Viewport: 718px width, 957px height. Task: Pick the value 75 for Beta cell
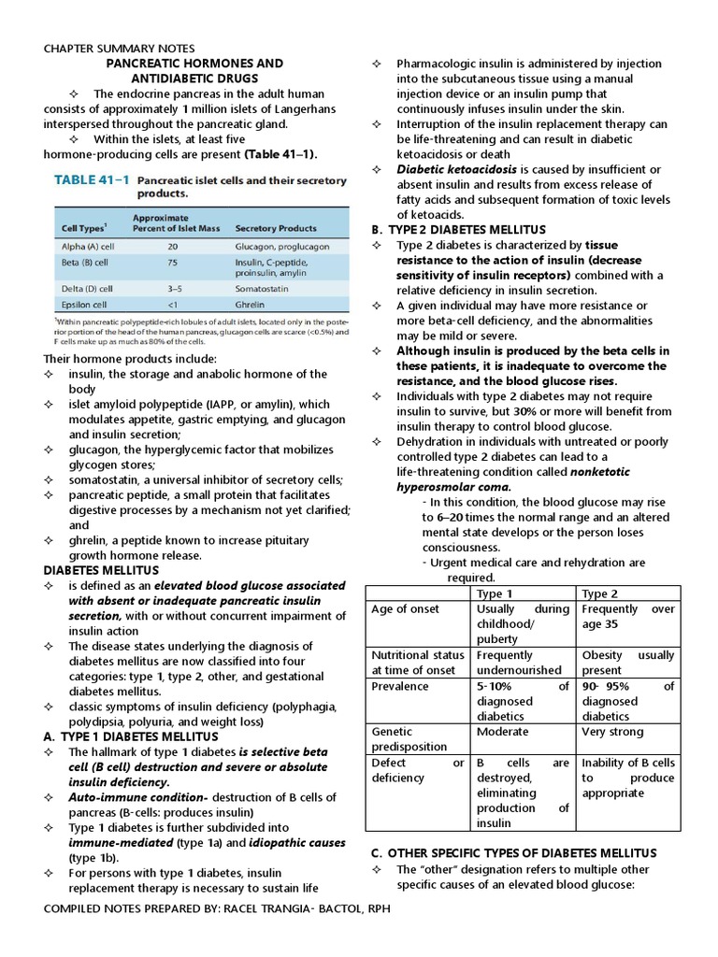point(172,264)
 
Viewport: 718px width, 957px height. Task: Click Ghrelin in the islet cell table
point(252,304)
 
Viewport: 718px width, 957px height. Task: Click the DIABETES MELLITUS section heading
point(102,570)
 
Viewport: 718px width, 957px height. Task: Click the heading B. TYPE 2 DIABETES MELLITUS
point(458,230)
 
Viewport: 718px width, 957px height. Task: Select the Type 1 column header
point(495,593)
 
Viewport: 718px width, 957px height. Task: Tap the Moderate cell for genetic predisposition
point(502,732)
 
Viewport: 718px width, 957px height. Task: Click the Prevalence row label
point(400,686)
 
